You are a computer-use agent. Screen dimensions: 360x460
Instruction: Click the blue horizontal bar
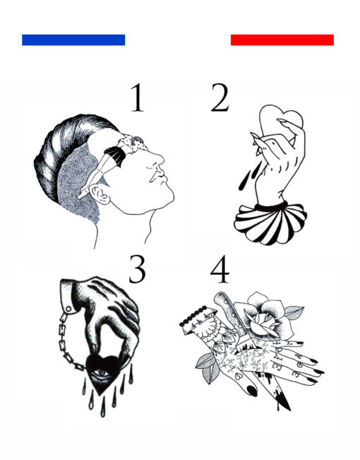pyautogui.click(x=73, y=40)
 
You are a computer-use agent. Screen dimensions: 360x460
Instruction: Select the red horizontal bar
pyautogui.click(x=282, y=40)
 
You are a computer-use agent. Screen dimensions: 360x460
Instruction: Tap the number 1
pyautogui.click(x=138, y=98)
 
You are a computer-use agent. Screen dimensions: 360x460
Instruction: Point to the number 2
pyautogui.click(x=220, y=98)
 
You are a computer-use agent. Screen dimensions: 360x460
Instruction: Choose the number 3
pyautogui.click(x=137, y=269)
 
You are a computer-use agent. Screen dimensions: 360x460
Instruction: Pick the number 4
pyautogui.click(x=220, y=269)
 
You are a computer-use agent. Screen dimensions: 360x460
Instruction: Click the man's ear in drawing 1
pyautogui.click(x=100, y=194)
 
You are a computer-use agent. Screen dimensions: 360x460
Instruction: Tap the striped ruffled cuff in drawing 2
pyautogui.click(x=270, y=223)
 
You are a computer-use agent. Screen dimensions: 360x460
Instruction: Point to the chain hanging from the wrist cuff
pyautogui.click(x=70, y=341)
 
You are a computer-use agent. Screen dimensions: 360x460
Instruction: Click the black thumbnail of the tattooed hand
pyautogui.click(x=252, y=391)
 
